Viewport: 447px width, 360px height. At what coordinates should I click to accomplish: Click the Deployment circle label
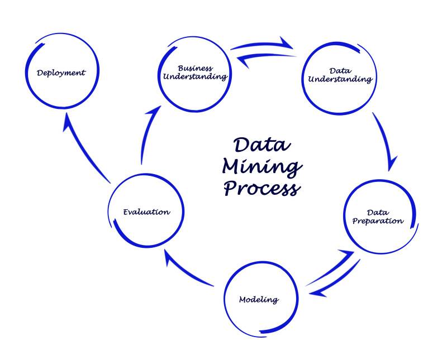click(x=61, y=73)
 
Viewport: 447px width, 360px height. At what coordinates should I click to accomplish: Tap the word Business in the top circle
click(x=195, y=68)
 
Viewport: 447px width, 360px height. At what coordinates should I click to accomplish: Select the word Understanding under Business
click(x=195, y=77)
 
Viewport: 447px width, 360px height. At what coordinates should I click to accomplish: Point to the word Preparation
click(x=378, y=221)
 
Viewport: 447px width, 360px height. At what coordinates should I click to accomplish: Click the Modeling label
click(x=259, y=300)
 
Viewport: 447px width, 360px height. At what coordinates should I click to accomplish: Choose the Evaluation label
click(x=146, y=212)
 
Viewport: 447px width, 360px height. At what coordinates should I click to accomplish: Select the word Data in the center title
click(x=262, y=145)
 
